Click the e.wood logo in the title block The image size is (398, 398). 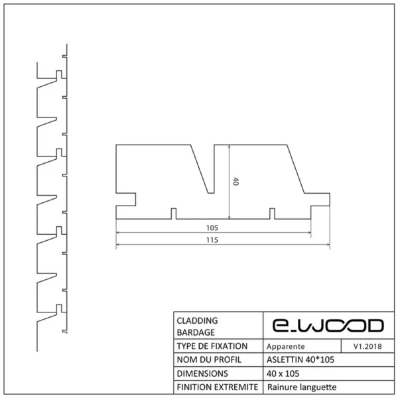click(328, 325)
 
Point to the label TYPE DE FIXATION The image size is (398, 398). click(212, 346)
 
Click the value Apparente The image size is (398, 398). click(285, 346)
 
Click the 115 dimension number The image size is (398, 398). click(212, 241)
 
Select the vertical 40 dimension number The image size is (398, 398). click(235, 181)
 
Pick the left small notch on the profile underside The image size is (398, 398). click(174, 214)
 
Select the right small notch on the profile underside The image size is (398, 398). click(272, 214)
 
